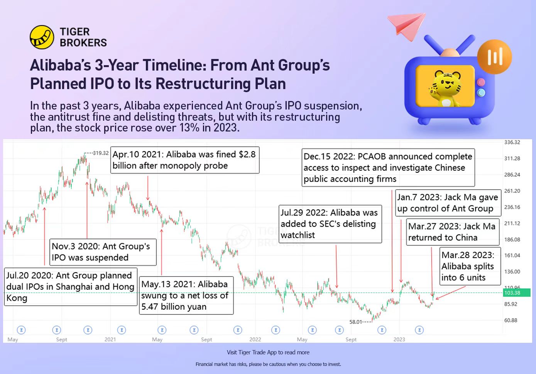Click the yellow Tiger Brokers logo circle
[42, 37]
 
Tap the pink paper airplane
[407, 25]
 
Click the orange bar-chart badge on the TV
[495, 57]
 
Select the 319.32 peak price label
[100, 153]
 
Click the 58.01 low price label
[356, 322]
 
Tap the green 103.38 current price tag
[517, 293]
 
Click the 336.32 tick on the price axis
[512, 142]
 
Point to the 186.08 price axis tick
[512, 239]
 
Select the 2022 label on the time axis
[255, 339]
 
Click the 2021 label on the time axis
[110, 339]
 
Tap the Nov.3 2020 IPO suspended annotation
[103, 252]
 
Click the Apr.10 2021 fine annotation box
[185, 160]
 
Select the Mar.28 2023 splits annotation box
[470, 266]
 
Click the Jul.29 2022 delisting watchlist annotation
[330, 224]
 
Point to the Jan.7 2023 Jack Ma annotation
[448, 203]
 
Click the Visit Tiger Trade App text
[268, 352]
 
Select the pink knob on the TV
[480, 82]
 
